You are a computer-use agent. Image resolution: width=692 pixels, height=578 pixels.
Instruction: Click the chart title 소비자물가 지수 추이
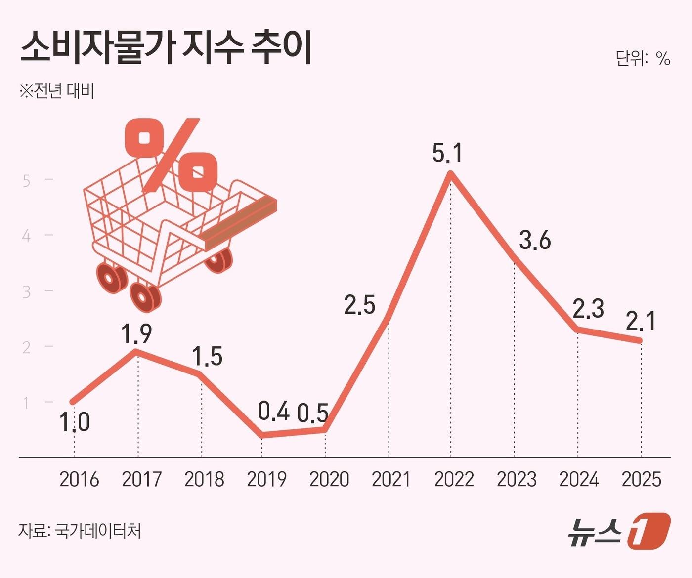pyautogui.click(x=166, y=48)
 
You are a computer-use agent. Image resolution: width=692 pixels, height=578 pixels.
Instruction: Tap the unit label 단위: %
pyautogui.click(x=642, y=59)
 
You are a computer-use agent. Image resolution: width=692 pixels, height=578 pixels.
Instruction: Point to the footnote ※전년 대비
pyautogui.click(x=56, y=91)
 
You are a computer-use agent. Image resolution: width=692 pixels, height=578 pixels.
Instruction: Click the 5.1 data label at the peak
pyautogui.click(x=447, y=153)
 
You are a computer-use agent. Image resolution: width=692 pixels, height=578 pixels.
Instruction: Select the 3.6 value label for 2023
pyautogui.click(x=535, y=241)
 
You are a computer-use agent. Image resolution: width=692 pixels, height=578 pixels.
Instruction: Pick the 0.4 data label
pyautogui.click(x=274, y=411)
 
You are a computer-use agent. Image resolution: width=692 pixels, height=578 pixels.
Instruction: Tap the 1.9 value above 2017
pyautogui.click(x=136, y=334)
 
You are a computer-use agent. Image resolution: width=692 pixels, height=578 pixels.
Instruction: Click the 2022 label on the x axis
pyautogui.click(x=454, y=479)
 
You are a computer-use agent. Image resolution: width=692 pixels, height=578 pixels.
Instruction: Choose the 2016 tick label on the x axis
pyautogui.click(x=79, y=479)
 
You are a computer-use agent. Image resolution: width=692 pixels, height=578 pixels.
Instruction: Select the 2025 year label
pyautogui.click(x=641, y=479)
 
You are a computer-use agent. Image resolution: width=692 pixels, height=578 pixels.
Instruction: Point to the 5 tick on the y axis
pyautogui.click(x=27, y=181)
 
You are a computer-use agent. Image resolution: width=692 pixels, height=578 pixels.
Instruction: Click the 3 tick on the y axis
pyautogui.click(x=27, y=292)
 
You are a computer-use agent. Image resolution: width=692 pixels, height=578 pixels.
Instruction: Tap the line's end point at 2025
pyautogui.click(x=641, y=340)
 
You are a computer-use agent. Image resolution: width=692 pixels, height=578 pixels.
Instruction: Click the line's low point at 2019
pyautogui.click(x=261, y=435)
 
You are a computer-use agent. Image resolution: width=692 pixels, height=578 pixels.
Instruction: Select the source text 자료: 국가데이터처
pyautogui.click(x=80, y=531)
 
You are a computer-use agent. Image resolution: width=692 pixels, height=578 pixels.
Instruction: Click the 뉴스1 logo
pyautogui.click(x=618, y=531)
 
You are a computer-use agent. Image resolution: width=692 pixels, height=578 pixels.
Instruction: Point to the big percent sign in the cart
pyautogui.click(x=171, y=156)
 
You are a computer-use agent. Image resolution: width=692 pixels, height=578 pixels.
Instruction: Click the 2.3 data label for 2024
pyautogui.click(x=588, y=309)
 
